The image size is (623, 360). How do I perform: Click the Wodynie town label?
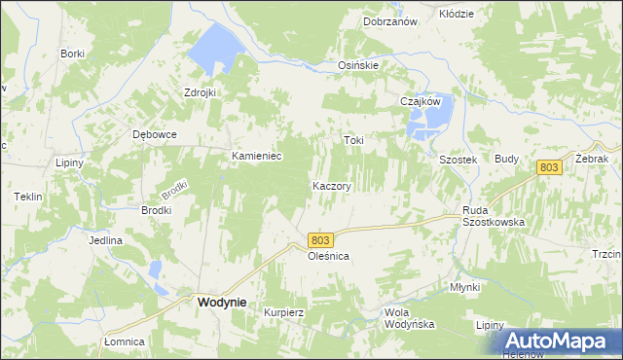click(221, 303)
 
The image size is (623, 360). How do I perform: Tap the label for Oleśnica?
click(328, 256)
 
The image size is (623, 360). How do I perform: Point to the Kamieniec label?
click(256, 156)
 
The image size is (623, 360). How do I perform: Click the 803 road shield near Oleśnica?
click(322, 239)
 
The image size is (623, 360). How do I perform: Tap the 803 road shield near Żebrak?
click(549, 168)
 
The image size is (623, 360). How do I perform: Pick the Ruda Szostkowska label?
click(494, 216)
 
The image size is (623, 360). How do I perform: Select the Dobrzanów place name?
click(389, 21)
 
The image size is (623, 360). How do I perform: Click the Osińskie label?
click(357, 65)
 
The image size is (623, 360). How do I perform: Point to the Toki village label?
click(353, 140)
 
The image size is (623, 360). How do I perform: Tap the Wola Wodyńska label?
click(409, 318)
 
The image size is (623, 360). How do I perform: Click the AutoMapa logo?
click(560, 342)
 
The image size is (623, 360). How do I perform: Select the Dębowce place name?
click(155, 135)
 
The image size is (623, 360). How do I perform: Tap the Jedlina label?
click(105, 240)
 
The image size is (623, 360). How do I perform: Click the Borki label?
click(72, 54)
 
